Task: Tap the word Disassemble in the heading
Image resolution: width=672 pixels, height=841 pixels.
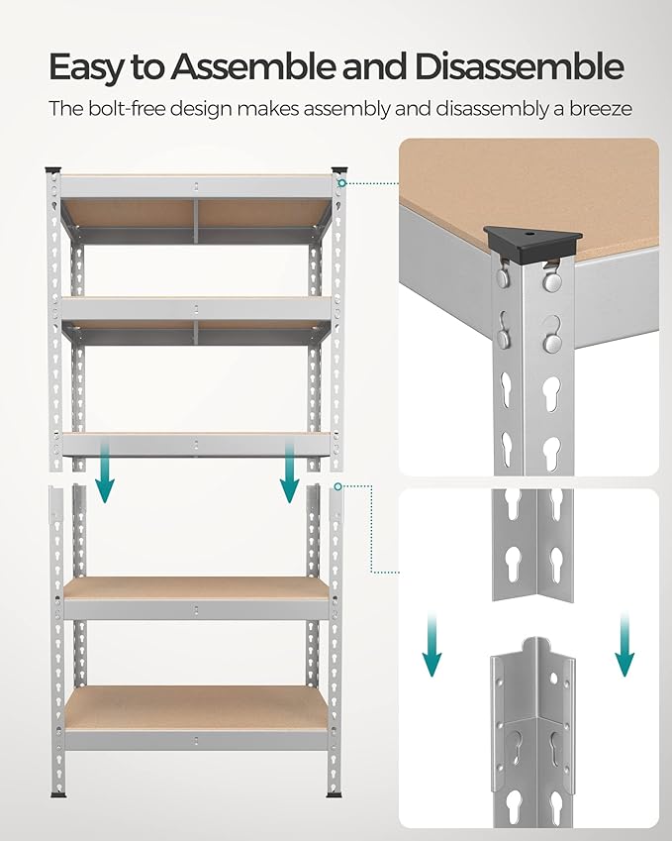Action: (x=520, y=67)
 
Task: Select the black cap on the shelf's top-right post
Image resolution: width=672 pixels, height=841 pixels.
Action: (x=339, y=169)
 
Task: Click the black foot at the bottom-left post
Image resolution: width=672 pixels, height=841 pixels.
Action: (x=56, y=794)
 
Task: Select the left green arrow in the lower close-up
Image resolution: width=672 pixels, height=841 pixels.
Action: (x=432, y=645)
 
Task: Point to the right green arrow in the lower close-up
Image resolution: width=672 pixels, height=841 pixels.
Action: (x=624, y=645)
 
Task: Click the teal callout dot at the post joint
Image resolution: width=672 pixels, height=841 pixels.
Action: (x=339, y=486)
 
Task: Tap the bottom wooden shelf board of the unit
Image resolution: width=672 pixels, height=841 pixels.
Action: (x=196, y=706)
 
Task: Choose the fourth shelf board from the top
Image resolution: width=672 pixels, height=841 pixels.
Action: (x=196, y=587)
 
